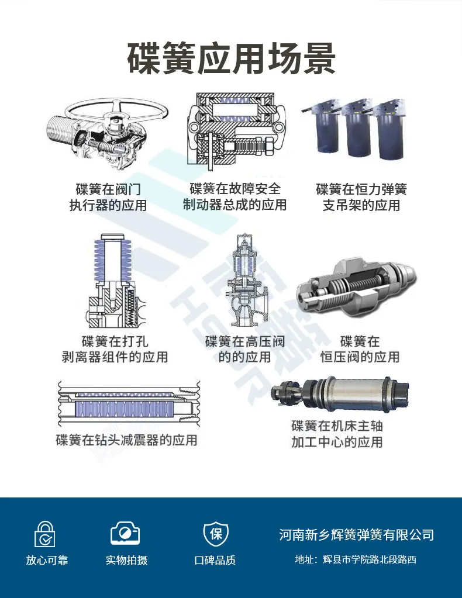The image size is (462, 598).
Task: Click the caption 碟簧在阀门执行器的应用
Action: pyautogui.click(x=108, y=198)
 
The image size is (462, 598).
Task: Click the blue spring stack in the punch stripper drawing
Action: pyautogui.click(x=109, y=263)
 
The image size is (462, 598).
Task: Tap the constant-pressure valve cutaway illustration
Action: pyautogui.click(x=356, y=286)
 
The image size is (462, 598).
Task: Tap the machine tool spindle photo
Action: pyautogui.click(x=339, y=395)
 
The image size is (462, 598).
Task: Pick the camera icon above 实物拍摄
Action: pyautogui.click(x=126, y=533)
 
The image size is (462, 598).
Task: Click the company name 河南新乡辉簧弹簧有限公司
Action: pyautogui.click(x=356, y=534)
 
